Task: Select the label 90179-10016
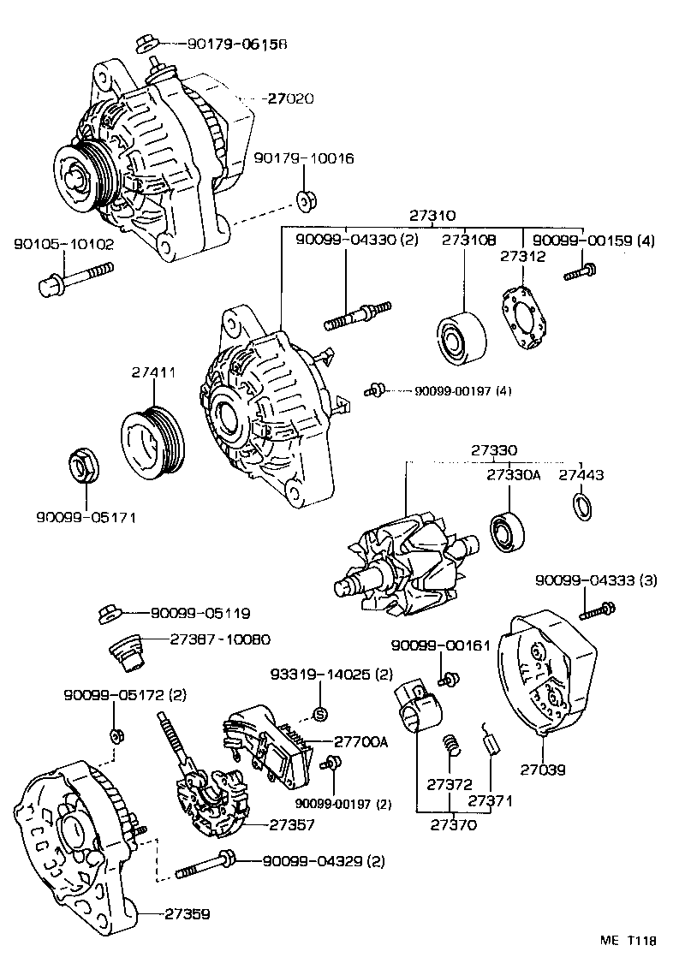click(304, 159)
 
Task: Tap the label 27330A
click(513, 474)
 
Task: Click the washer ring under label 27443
click(581, 507)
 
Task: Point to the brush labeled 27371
click(491, 739)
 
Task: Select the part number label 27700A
click(360, 741)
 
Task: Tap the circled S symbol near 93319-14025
click(320, 713)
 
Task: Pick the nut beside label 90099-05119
click(109, 613)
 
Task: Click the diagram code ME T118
click(627, 940)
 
